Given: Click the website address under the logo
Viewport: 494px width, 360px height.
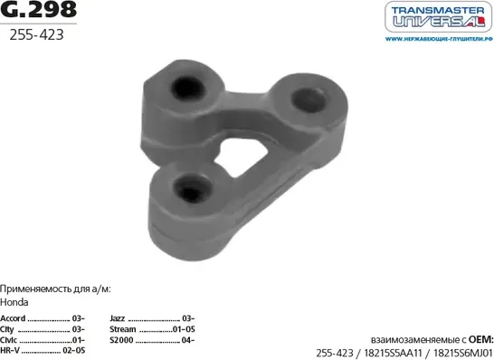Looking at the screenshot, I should click(x=437, y=40).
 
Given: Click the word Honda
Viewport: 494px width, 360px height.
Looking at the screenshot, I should click(x=14, y=303).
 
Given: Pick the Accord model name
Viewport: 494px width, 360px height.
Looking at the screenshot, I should click(x=14, y=318).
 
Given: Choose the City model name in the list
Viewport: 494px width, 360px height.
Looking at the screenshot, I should click(x=11, y=329).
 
